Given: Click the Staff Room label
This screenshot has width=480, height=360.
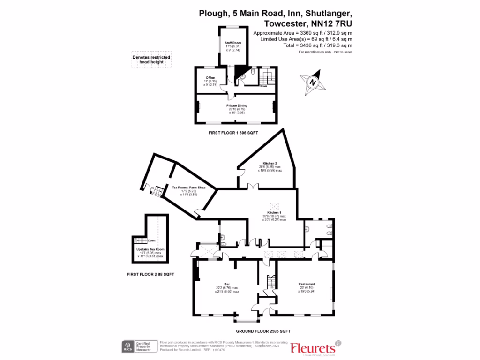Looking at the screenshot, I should click(229, 43).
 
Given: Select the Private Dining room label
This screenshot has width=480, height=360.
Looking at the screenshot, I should click(236, 106).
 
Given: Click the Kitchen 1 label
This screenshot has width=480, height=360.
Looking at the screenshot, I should click(273, 212).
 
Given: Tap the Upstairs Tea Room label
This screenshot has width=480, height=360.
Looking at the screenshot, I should click(150, 249).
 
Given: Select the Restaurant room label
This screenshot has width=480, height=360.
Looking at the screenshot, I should click(307, 284).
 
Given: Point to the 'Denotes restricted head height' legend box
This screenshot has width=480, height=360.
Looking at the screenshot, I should click(151, 60).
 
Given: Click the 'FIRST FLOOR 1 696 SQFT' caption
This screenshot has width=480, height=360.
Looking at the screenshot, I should click(233, 133).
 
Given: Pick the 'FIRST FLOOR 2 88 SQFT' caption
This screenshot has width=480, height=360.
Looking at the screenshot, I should click(150, 274).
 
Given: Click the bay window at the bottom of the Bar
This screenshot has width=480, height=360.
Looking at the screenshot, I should click(247, 321).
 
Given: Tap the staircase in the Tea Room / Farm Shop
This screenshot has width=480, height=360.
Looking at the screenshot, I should click(159, 191).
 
